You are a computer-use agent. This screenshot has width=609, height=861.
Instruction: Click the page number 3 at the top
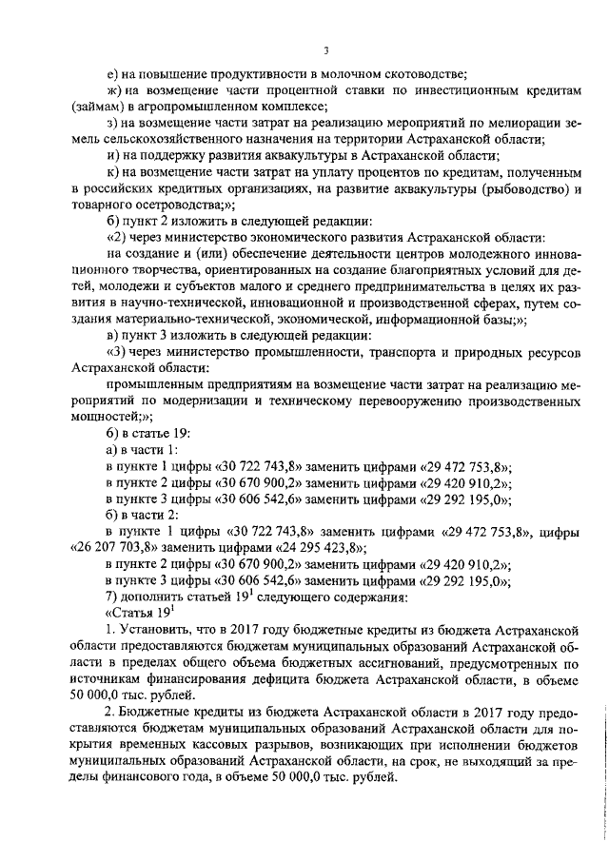325,49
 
